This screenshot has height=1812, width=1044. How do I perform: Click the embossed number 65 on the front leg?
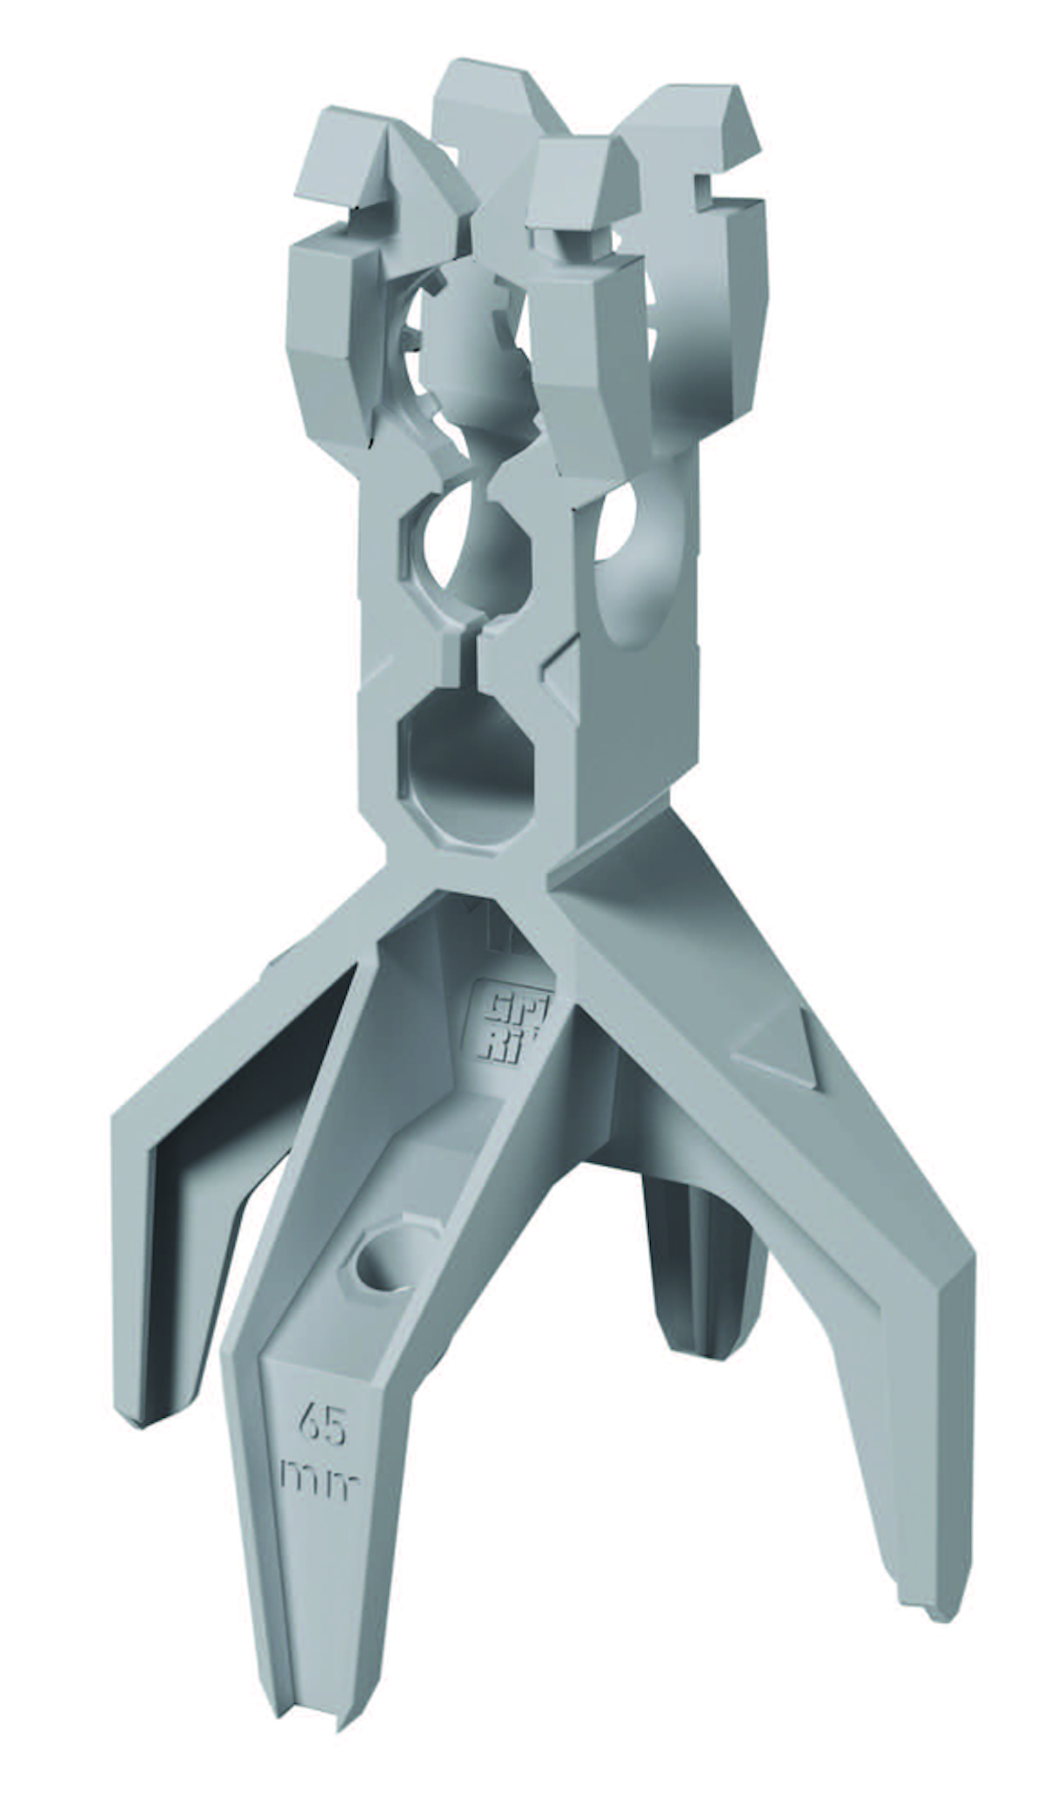click(x=322, y=1427)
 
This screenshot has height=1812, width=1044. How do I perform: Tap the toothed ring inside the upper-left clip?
click(x=418, y=348)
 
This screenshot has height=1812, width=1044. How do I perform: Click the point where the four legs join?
click(x=522, y=879)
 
